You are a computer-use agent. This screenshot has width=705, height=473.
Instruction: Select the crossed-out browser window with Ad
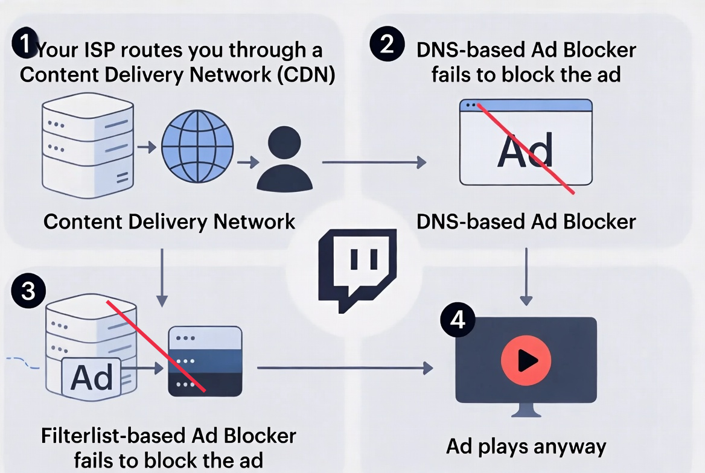click(x=525, y=142)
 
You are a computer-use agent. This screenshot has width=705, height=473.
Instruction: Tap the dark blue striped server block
click(x=205, y=361)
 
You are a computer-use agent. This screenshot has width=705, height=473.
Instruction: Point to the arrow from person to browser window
click(x=374, y=162)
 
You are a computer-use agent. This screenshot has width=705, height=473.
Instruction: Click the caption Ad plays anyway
click(x=526, y=446)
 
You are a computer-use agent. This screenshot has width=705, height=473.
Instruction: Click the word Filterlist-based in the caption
click(x=113, y=436)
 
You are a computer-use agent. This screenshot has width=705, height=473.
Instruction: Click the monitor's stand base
click(x=526, y=414)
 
